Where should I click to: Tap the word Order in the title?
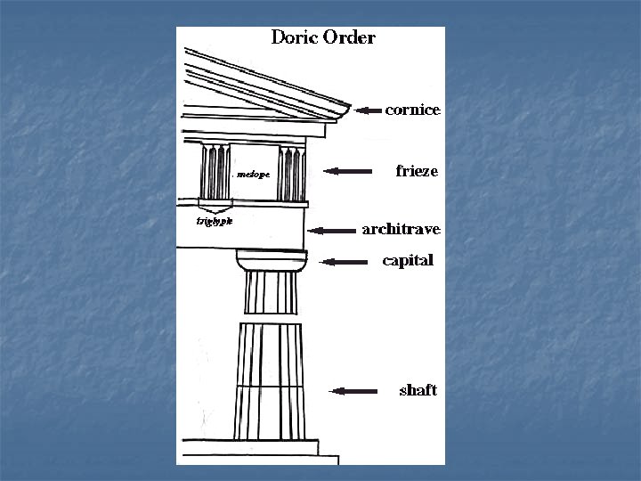348,38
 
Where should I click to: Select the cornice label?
412,110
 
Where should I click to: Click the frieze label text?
417,171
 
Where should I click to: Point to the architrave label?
401,230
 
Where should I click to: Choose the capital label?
408,261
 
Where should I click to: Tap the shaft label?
418,390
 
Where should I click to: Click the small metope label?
253,175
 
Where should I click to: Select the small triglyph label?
215,222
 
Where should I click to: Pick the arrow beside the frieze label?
350,171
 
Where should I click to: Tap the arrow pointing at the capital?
344,262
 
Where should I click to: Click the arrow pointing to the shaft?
353,390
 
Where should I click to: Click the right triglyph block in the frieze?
291,172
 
